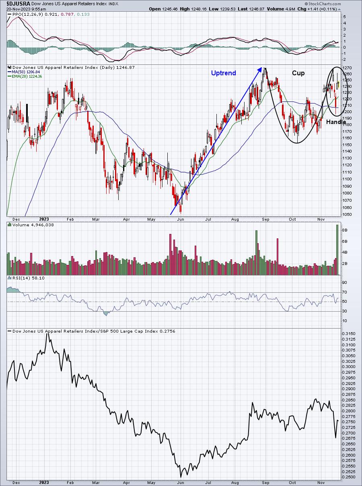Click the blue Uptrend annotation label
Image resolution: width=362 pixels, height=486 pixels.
click(224, 73)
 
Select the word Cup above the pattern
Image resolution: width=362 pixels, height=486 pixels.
click(298, 73)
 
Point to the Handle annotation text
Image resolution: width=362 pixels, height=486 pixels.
click(336, 122)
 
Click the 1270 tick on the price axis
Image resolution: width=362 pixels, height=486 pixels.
click(348, 68)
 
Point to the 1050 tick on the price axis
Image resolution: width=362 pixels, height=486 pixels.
click(348, 215)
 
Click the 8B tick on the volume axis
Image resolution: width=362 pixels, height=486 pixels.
click(345, 230)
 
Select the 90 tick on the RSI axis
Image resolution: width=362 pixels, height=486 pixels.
click(345, 283)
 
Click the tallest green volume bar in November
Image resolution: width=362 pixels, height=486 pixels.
click(337, 250)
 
